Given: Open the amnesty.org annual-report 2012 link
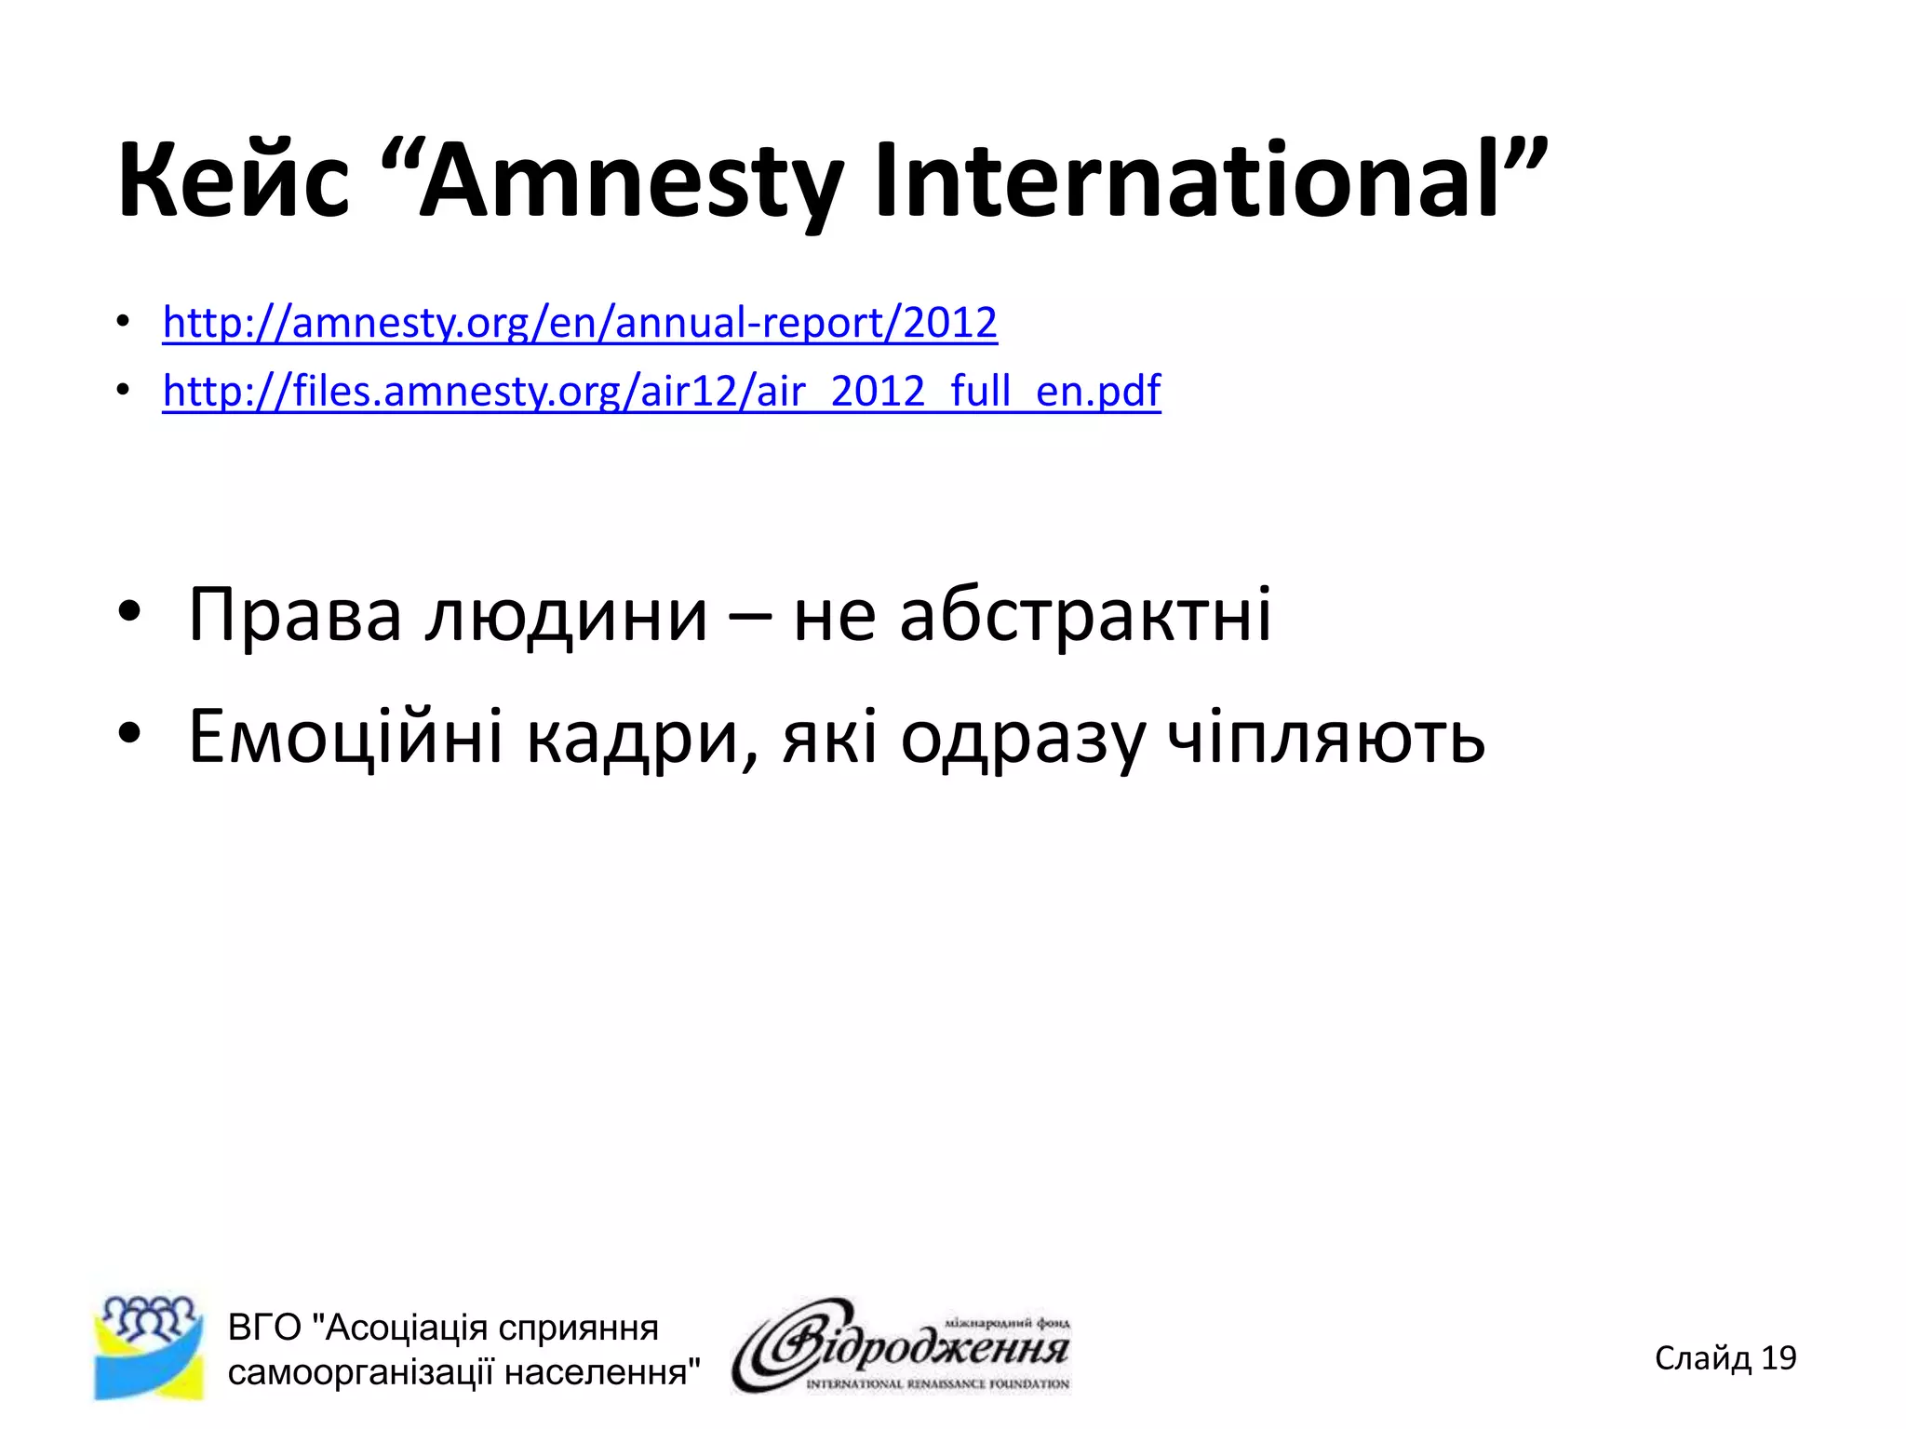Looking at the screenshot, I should pyautogui.click(x=580, y=323).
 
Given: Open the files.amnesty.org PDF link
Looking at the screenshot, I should pyautogui.click(x=662, y=391).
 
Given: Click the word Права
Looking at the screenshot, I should pyautogui.click(x=295, y=615).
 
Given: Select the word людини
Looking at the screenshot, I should pyautogui.click(x=566, y=615).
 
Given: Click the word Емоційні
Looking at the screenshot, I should pyautogui.click(x=345, y=736).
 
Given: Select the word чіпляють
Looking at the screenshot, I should pyautogui.click(x=1326, y=738).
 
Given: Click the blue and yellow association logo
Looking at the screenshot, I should pyautogui.click(x=149, y=1348).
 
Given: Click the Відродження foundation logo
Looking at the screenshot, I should pyautogui.click(x=901, y=1346).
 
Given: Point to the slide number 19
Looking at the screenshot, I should pyautogui.click(x=1778, y=1358).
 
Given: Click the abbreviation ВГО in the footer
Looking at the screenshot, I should pyautogui.click(x=264, y=1328).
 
